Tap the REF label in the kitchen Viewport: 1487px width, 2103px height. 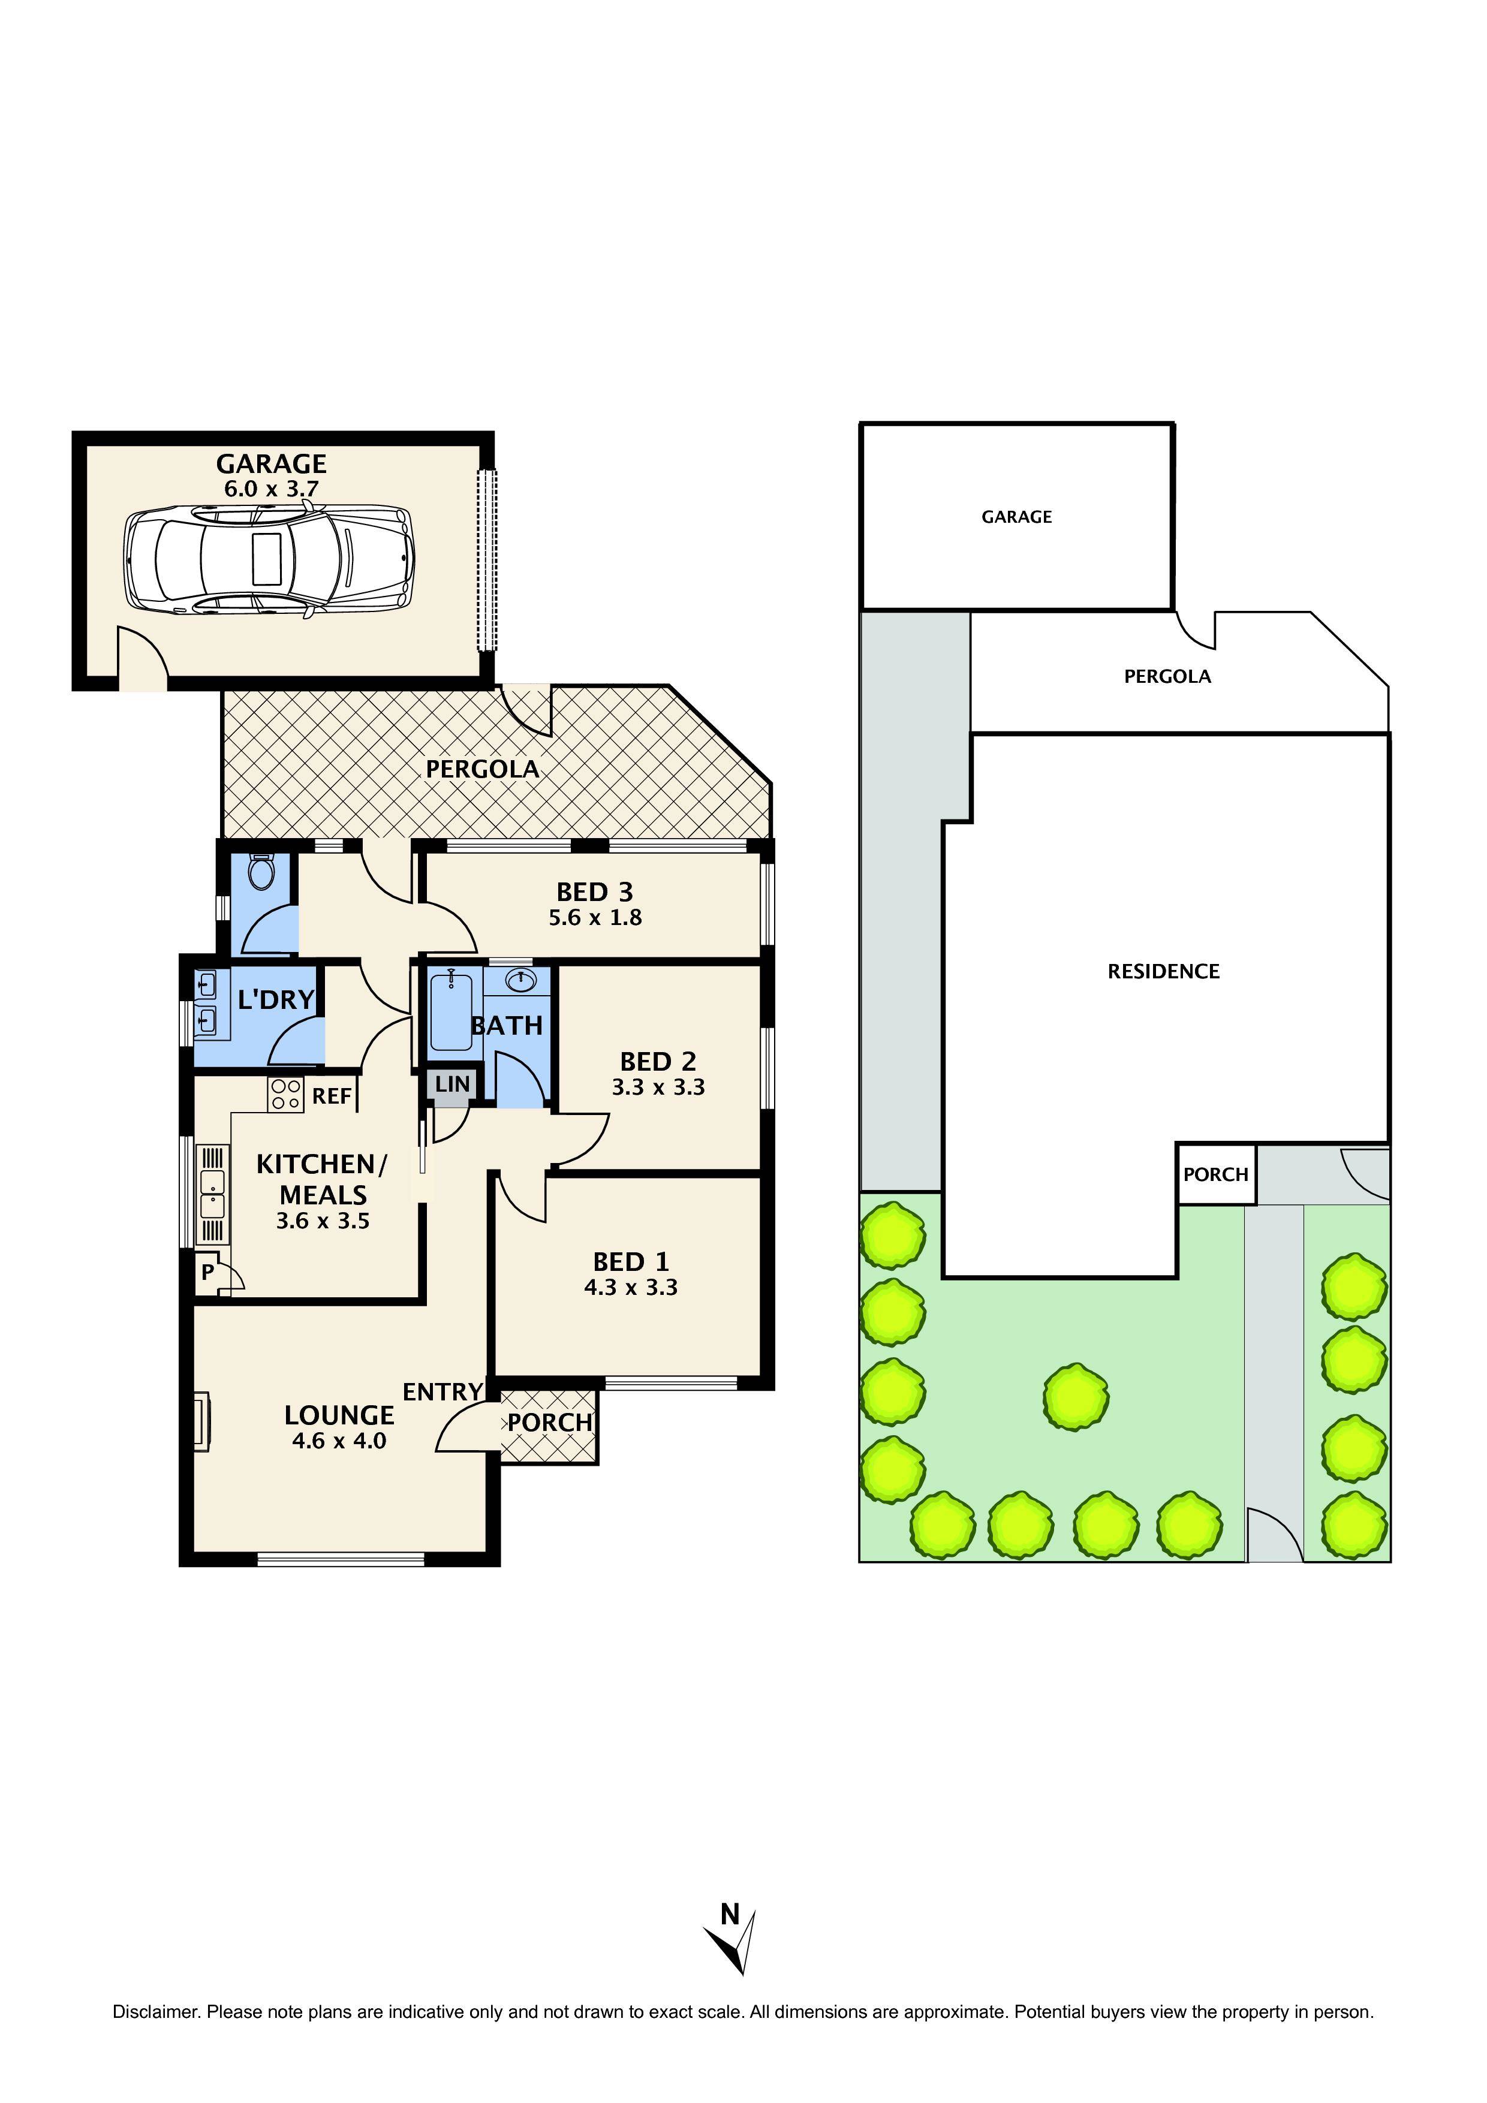click(x=332, y=1096)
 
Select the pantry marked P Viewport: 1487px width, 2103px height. click(x=208, y=1272)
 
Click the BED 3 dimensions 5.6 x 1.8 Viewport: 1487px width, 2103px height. click(x=595, y=918)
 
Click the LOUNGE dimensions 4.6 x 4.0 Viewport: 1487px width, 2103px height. click(x=339, y=1441)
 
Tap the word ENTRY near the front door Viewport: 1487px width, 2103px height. click(x=443, y=1392)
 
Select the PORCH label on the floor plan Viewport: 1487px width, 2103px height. click(x=550, y=1423)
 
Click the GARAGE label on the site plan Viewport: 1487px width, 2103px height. click(x=1016, y=517)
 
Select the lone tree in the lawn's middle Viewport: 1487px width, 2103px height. click(x=1076, y=1397)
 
